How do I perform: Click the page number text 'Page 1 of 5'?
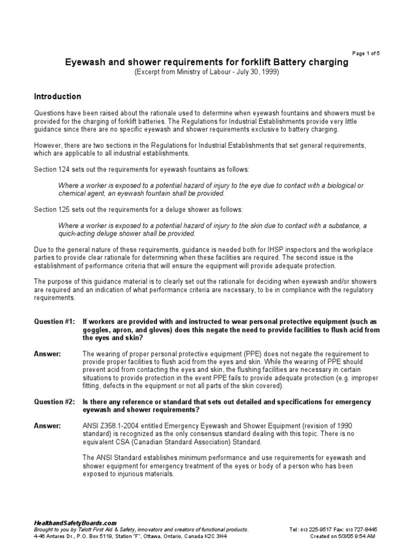pyautogui.click(x=366, y=53)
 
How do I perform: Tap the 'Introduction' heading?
pyautogui.click(x=58, y=96)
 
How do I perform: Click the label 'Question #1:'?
pyautogui.click(x=55, y=321)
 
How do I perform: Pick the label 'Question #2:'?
pyautogui.click(x=55, y=402)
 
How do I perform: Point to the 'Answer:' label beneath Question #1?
pyautogui.click(x=47, y=354)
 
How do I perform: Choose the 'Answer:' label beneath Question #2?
pyautogui.click(x=47, y=426)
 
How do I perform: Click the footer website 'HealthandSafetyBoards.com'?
pyautogui.click(x=75, y=523)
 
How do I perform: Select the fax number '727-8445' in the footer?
pyautogui.click(x=364, y=529)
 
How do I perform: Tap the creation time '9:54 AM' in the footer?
pyautogui.click(x=364, y=536)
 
